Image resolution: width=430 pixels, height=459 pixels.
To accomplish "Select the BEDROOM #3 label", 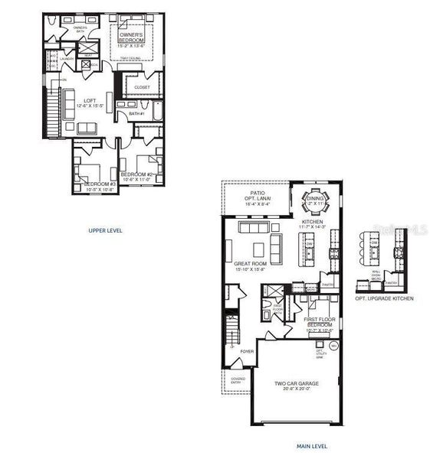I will pyautogui.click(x=99, y=184).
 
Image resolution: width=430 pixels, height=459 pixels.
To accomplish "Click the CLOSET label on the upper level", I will pyautogui.click(x=142, y=87).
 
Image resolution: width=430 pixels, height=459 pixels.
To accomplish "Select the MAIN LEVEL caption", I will pyautogui.click(x=312, y=445).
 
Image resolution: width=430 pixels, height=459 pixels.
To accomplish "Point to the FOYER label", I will pyautogui.click(x=247, y=351).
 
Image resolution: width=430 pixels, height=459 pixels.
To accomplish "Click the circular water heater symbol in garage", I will pyautogui.click(x=334, y=345).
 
